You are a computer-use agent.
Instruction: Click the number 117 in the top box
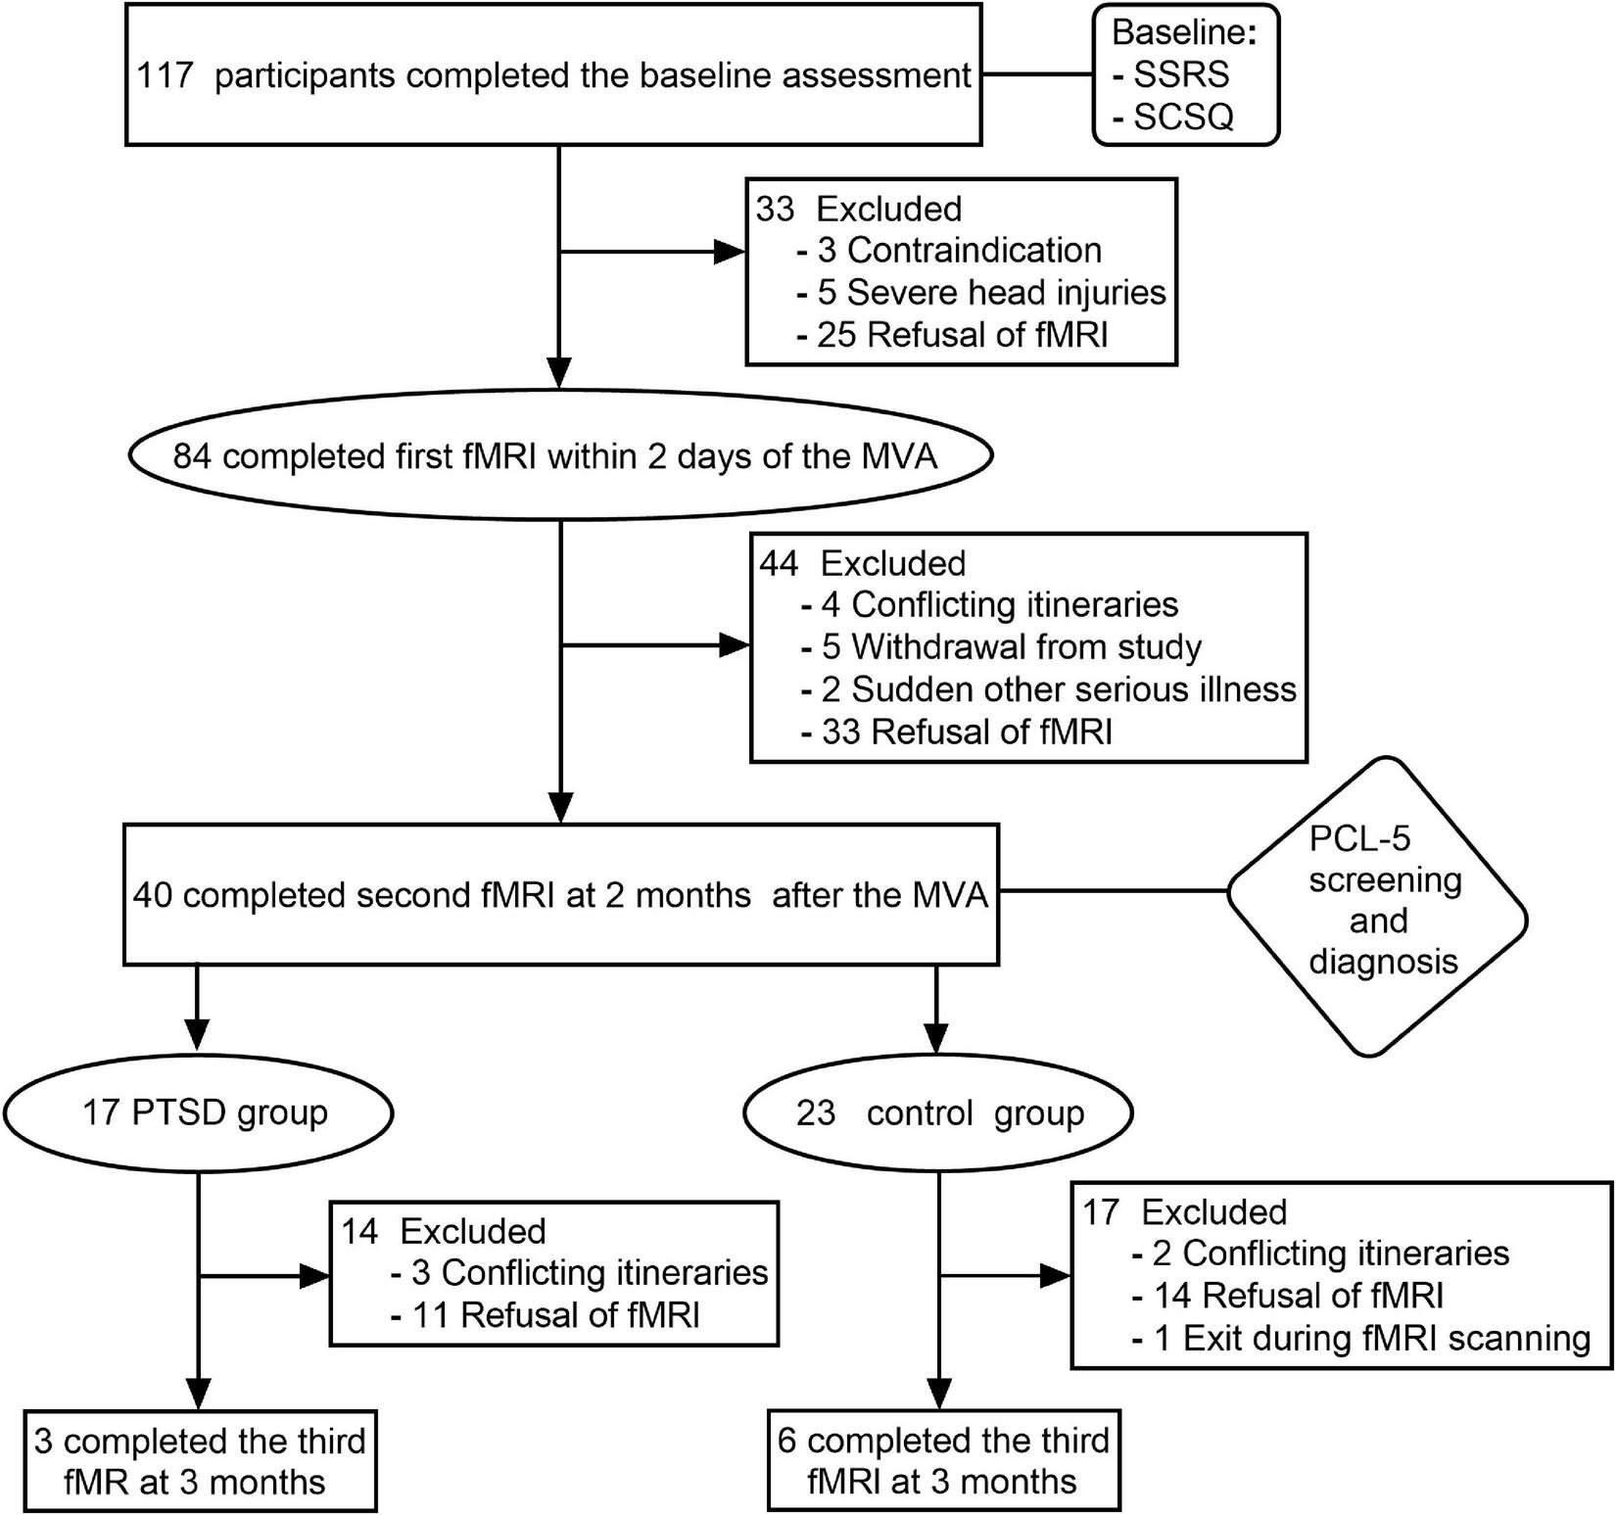pyautogui.click(x=163, y=75)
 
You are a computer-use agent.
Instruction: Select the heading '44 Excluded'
pyautogui.click(x=862, y=563)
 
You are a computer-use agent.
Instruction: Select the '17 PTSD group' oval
pyautogui.click(x=199, y=1113)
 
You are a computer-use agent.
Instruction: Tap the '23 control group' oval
pyautogui.click(x=939, y=1113)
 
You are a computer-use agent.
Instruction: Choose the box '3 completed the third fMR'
pyautogui.click(x=200, y=1461)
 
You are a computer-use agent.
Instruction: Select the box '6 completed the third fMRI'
pyautogui.click(x=943, y=1461)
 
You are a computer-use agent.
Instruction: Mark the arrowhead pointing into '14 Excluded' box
pyautogui.click(x=312, y=1275)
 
